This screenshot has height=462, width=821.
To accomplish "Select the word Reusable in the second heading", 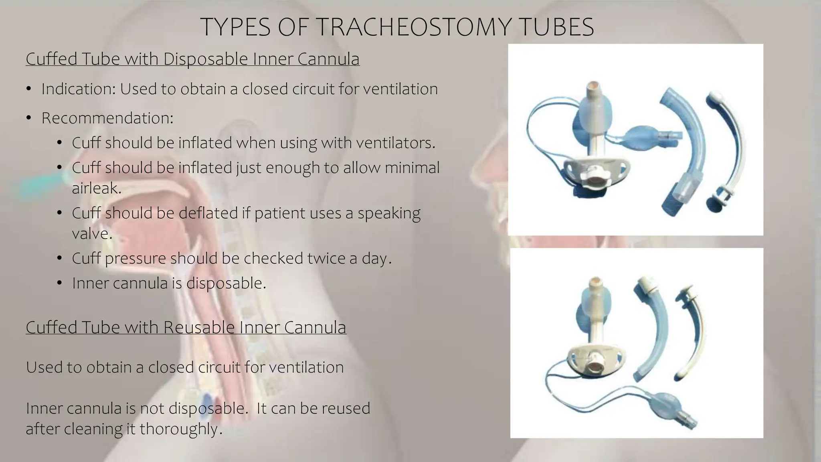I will click(198, 327).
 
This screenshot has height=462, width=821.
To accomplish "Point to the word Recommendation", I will click(107, 118).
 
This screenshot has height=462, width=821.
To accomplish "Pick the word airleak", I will click(96, 188).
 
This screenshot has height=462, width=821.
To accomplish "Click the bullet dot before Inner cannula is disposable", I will click(59, 284).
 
